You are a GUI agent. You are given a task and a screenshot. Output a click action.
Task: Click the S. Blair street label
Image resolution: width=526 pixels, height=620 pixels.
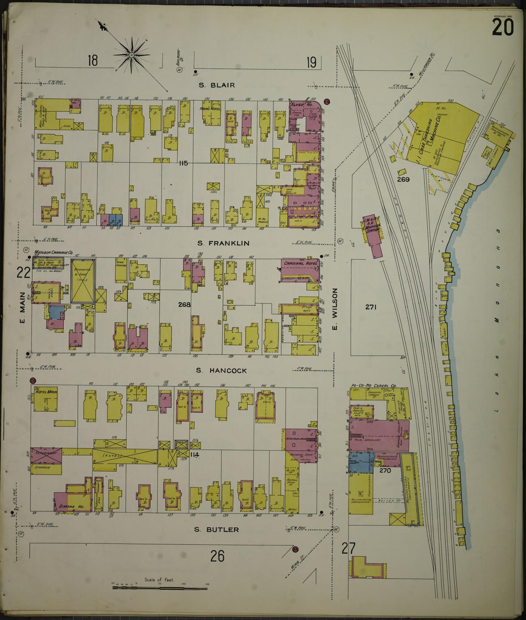click(217, 85)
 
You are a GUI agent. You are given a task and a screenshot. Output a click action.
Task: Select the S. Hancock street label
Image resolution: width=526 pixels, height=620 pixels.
click(221, 370)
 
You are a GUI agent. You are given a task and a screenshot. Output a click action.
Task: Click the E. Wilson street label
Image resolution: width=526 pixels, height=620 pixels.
click(335, 309)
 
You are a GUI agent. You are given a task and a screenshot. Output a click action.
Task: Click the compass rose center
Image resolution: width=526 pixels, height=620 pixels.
click(131, 55)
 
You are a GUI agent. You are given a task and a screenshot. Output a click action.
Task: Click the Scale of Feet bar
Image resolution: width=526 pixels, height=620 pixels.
click(159, 586)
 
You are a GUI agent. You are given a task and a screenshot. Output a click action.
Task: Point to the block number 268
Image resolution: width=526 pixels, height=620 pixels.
click(184, 304)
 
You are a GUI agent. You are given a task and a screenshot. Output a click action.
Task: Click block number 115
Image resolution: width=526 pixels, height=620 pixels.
click(183, 163)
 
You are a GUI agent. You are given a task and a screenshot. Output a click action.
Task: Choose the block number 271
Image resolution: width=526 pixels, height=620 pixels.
click(371, 307)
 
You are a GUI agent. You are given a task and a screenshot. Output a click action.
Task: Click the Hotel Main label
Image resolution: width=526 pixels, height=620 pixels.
click(46, 392)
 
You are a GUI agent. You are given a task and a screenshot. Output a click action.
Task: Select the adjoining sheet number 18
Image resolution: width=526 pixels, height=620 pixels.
click(92, 60)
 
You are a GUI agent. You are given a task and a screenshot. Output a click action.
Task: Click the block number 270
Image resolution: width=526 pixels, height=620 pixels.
click(385, 470)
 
